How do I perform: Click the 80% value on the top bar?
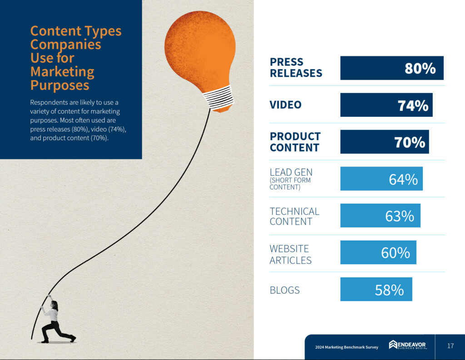tap(420, 68)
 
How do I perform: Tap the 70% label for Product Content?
tap(410, 142)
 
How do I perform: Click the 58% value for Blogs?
tap(389, 290)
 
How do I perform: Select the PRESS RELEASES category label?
tap(296, 68)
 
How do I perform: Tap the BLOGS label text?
tap(285, 290)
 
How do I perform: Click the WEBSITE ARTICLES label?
tap(291, 254)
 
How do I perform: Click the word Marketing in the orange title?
tap(62, 72)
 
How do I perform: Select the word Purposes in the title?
tap(59, 85)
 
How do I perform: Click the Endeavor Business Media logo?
tap(408, 346)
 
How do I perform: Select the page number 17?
tap(450, 346)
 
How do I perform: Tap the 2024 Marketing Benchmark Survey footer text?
tap(346, 347)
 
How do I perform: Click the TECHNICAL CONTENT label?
tap(294, 217)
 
